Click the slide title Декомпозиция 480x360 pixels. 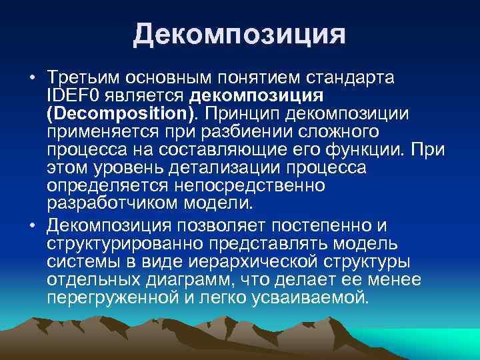239,34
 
